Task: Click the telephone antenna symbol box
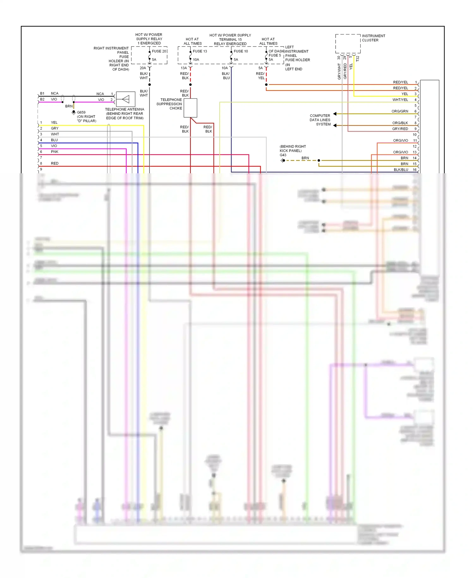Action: [x=125, y=99]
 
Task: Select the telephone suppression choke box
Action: [x=190, y=108]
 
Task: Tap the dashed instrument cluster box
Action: [x=348, y=44]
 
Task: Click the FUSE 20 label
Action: [x=159, y=51]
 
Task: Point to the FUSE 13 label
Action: [x=200, y=51]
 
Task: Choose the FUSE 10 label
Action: [x=241, y=51]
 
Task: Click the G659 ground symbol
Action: [x=74, y=112]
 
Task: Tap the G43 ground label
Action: [x=283, y=155]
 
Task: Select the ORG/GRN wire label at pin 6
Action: [x=400, y=111]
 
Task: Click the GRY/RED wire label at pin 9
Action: [x=400, y=129]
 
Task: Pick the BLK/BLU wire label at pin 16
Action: [x=401, y=170]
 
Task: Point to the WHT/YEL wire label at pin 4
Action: [x=400, y=100]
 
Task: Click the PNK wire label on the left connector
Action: [x=55, y=152]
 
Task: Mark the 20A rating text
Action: [x=143, y=68]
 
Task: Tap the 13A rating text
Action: [x=184, y=68]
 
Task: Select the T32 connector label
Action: [x=358, y=59]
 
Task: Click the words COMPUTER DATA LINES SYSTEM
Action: [x=320, y=120]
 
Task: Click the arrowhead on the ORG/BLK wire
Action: [x=335, y=126]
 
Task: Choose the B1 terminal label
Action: [x=42, y=94]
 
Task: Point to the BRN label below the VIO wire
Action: [x=69, y=106]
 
